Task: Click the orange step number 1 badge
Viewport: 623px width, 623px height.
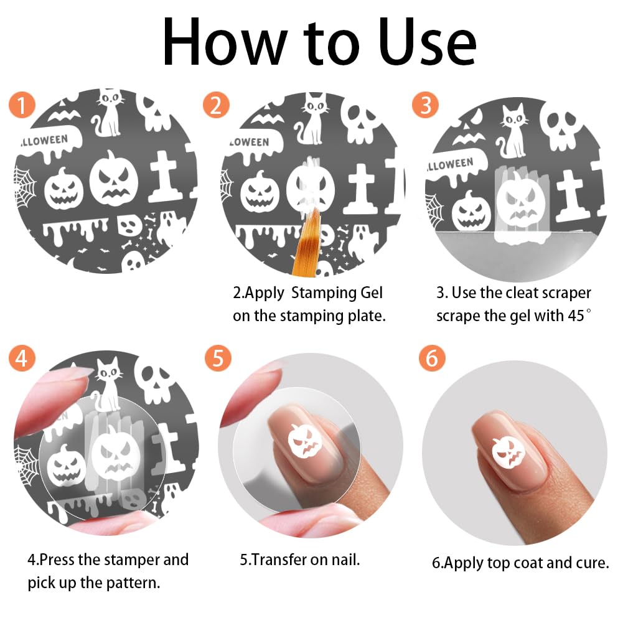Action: [x=22, y=105]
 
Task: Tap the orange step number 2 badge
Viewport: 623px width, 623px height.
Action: [x=216, y=105]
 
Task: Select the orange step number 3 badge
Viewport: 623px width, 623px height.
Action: [x=426, y=105]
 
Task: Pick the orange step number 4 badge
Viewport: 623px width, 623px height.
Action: [x=22, y=358]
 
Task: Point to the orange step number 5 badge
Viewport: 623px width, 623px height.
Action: [x=218, y=358]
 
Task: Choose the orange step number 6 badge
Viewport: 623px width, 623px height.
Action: [x=432, y=358]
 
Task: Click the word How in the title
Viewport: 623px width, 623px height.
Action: [x=225, y=42]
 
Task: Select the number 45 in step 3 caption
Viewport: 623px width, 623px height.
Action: [x=576, y=316]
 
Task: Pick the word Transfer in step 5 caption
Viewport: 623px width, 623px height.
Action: [x=279, y=560]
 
